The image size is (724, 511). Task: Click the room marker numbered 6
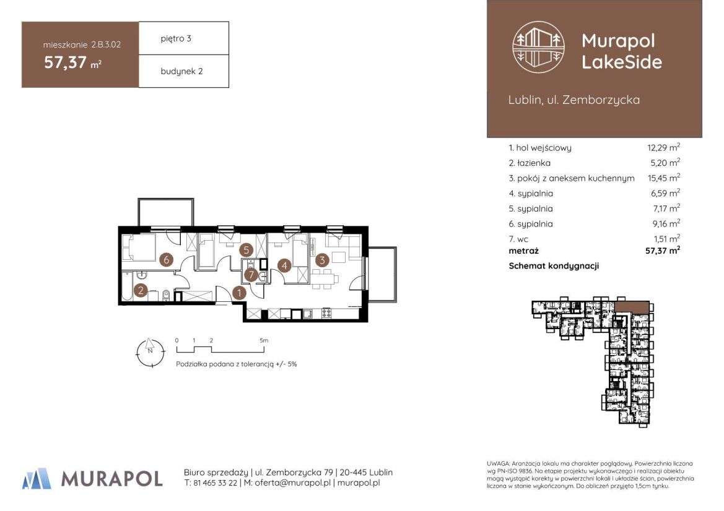point(167,260)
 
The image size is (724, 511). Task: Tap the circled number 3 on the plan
point(322,260)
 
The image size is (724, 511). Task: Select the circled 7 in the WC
point(251,275)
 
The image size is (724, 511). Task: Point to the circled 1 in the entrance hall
point(239,293)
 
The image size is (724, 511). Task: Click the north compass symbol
point(150,353)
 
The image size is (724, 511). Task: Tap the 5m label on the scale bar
point(264,341)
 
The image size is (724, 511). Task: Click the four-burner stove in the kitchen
point(326,312)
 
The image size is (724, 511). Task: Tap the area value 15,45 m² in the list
point(663,178)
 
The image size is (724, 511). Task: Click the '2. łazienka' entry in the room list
point(530,163)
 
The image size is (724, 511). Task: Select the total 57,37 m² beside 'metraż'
point(663,251)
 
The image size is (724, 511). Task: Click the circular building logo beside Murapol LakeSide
point(538,46)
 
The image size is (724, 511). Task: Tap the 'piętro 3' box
point(184,38)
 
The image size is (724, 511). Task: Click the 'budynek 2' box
point(184,72)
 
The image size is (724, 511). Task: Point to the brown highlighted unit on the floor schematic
point(632,306)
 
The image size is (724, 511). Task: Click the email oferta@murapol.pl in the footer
point(293,483)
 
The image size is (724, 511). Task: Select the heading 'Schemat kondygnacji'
point(554,266)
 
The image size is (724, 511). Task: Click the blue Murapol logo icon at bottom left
point(37,478)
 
